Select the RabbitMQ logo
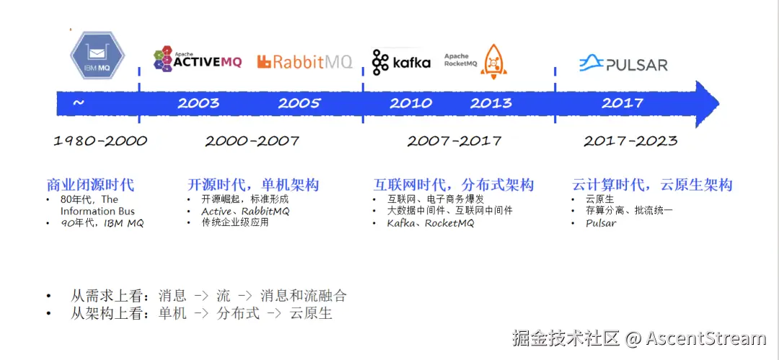point(304,62)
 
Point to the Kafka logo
point(401,62)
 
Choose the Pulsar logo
point(623,63)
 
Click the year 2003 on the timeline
point(198,103)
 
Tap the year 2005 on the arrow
point(299,103)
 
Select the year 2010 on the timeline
point(410,103)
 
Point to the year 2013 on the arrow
point(491,103)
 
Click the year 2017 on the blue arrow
point(622,103)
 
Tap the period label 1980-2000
point(100,141)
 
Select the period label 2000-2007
point(252,141)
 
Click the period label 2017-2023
point(630,141)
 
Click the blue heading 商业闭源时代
point(90,185)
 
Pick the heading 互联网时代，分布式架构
point(453,185)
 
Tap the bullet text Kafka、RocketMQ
point(431,223)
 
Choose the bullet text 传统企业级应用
point(235,223)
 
